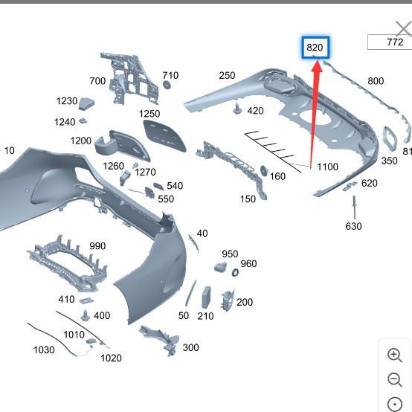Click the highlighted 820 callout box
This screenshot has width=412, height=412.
315,48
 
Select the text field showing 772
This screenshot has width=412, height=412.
390,42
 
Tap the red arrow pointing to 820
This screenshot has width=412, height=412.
315,115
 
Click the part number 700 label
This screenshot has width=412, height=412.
97,81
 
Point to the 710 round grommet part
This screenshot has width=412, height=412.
167,85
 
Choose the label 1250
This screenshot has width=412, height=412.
149,114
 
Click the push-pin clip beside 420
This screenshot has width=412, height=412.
237,109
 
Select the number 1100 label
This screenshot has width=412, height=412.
327,167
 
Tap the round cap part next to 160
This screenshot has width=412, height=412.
263,171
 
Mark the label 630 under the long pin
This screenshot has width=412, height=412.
353,226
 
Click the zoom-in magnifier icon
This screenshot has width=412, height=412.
395,355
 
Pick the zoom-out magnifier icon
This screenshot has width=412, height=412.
395,380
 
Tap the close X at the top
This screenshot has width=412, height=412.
404,28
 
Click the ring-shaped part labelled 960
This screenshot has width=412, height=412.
235,272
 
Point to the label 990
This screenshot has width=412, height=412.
97,246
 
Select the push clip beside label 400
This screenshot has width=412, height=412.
86,315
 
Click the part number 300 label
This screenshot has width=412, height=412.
191,347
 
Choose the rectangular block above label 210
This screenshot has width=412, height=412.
206,297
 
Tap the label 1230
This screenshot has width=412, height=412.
67,101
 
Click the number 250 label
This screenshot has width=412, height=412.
227,76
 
